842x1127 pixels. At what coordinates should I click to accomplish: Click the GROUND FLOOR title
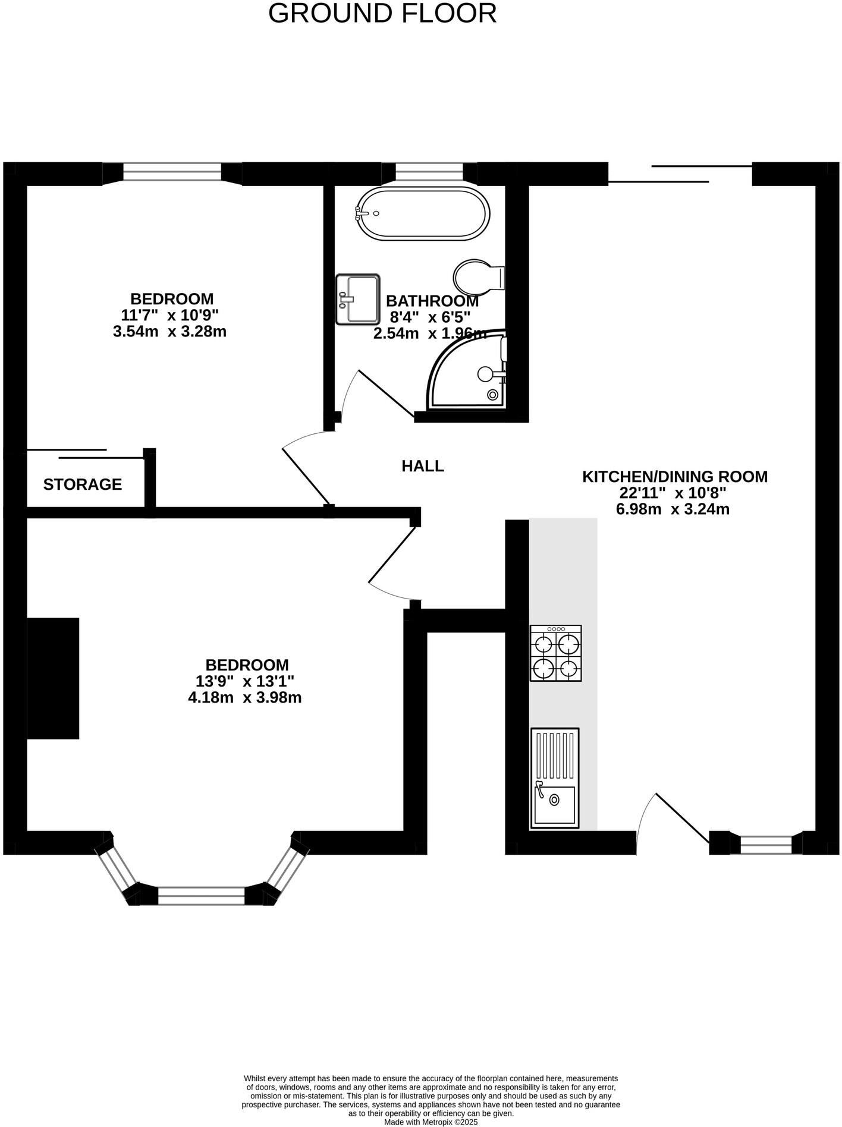(382, 14)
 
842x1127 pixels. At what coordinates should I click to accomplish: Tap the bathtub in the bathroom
(423, 214)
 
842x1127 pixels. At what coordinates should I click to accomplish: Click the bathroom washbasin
(357, 299)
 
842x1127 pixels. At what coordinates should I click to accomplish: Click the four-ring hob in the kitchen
(555, 653)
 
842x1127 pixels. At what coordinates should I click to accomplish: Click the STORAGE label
(83, 484)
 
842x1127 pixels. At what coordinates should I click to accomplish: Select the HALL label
(423, 466)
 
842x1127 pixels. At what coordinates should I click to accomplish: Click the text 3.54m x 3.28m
(169, 331)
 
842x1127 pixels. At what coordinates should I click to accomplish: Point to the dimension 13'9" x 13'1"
(245, 681)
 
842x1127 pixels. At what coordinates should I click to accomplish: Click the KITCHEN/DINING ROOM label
(674, 477)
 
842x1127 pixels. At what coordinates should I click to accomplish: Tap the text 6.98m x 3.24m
(673, 509)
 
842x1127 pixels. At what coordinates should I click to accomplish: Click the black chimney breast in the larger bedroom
(53, 678)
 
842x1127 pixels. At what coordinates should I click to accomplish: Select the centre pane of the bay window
(201, 895)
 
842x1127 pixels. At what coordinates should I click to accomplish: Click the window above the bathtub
(429, 172)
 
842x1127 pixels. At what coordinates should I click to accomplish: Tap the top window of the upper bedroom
(172, 172)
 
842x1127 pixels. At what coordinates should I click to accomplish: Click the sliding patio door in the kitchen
(680, 174)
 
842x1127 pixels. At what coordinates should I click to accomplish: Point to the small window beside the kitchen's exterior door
(766, 843)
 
